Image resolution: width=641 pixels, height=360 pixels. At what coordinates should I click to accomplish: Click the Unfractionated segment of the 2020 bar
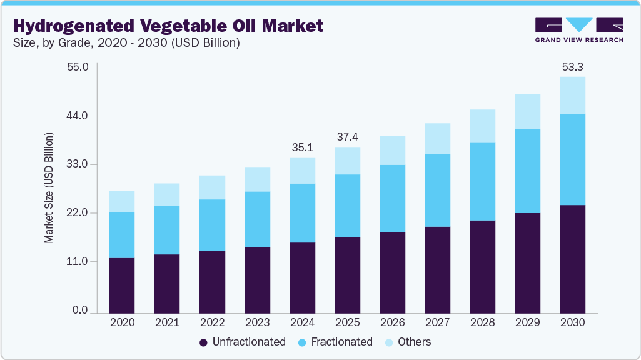coord(122,285)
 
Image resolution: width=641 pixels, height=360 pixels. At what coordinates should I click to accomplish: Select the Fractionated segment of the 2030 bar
coord(572,159)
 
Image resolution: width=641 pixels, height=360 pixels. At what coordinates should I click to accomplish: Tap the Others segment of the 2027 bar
coord(437,139)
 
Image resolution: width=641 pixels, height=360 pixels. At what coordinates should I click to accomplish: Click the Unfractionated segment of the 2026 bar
coord(392,272)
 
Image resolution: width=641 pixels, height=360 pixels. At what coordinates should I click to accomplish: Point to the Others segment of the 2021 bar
coord(167,195)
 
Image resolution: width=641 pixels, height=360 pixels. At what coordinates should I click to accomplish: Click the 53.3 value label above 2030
coord(572,67)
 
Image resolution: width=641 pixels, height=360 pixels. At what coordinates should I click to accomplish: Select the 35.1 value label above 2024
coord(302,147)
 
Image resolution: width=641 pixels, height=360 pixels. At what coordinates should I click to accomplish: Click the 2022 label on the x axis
coord(212,323)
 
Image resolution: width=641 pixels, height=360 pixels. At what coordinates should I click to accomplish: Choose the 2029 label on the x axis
coord(527,323)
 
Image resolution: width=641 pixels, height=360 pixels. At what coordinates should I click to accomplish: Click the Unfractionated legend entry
coord(242,342)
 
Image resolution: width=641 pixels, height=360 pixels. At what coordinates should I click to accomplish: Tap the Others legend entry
coord(408,342)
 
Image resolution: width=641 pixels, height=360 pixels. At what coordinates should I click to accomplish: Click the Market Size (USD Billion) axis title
coord(49,188)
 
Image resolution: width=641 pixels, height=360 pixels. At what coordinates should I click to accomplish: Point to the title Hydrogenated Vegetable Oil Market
coord(168,26)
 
